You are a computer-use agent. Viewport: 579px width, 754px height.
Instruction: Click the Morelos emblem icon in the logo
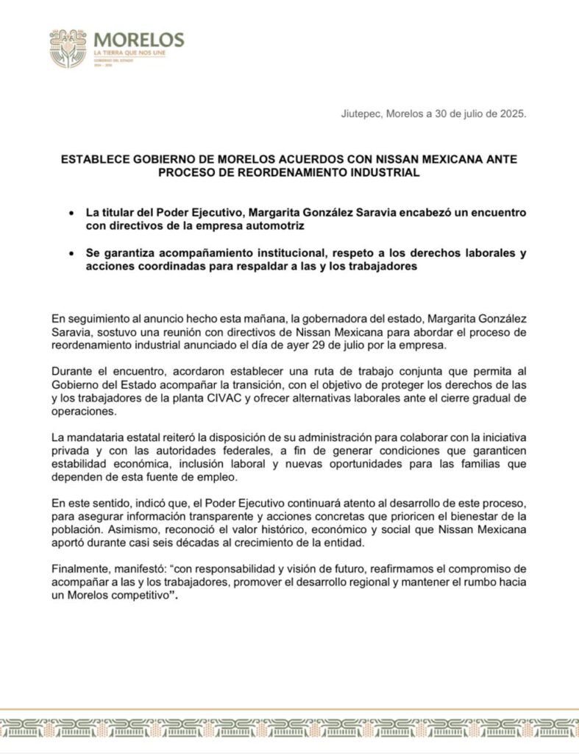[68, 49]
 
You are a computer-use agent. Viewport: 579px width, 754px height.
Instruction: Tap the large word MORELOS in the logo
[139, 40]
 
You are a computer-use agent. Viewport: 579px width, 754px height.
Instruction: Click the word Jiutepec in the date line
[361, 114]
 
